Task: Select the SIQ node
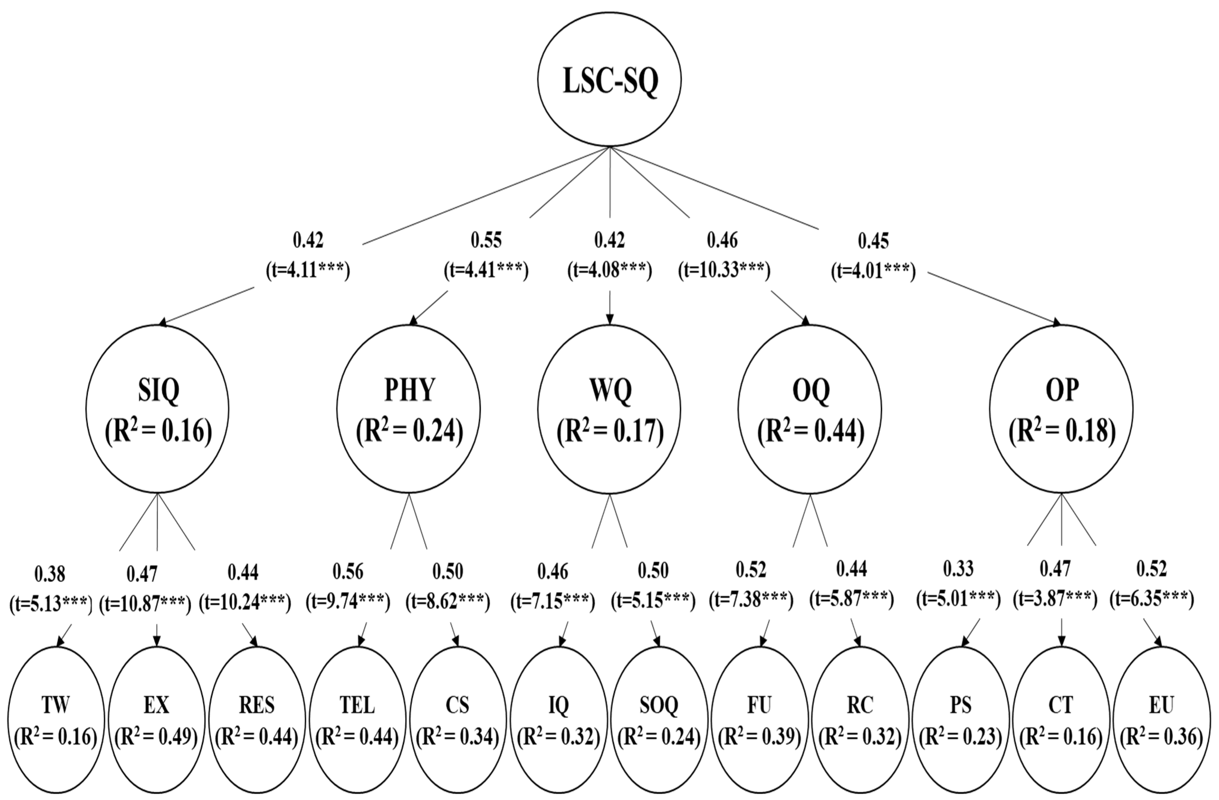pyautogui.click(x=157, y=409)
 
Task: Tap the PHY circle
pyautogui.click(x=409, y=409)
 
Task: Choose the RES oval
pyautogui.click(x=257, y=720)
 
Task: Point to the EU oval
pyautogui.click(x=1161, y=720)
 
